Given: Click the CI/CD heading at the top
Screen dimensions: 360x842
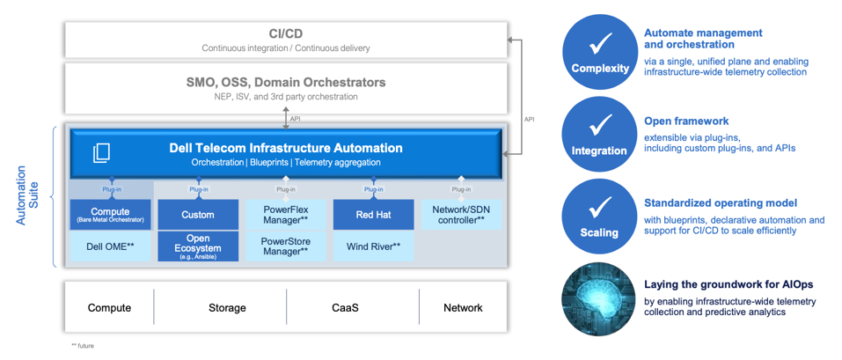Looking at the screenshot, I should (x=286, y=33).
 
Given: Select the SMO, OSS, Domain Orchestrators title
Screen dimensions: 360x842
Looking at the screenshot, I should (x=286, y=83).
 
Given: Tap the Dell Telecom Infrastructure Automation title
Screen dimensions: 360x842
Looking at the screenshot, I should (x=286, y=148).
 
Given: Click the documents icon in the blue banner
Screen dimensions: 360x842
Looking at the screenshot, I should (x=102, y=152).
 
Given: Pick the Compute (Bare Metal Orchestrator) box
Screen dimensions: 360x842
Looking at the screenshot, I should (x=110, y=215).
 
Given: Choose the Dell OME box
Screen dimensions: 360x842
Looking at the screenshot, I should (x=110, y=246).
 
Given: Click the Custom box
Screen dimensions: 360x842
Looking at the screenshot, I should (x=198, y=215).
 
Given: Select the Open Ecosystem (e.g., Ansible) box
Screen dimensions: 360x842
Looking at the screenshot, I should (x=198, y=246).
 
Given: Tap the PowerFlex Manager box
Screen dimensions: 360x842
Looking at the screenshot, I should (x=285, y=215).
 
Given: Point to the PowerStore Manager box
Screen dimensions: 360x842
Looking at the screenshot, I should (x=285, y=246).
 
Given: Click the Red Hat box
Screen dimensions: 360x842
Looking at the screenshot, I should (x=373, y=215).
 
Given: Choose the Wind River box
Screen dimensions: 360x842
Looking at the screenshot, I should (x=373, y=246).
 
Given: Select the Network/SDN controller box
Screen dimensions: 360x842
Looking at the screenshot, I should (x=461, y=215).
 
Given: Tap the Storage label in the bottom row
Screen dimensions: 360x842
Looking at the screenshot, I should (x=227, y=307).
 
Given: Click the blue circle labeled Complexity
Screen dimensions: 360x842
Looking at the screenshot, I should (x=600, y=51).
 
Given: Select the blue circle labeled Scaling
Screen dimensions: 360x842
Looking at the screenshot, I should (x=600, y=217).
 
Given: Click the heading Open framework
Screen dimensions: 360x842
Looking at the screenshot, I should (x=686, y=121).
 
